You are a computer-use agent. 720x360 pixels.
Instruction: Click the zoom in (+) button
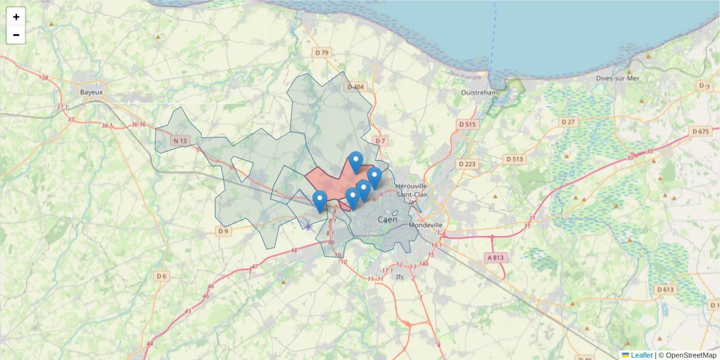(16, 17)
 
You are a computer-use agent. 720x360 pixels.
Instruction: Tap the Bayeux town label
(92, 92)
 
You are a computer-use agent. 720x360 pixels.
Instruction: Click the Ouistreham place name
(479, 93)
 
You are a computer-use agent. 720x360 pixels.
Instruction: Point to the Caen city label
(388, 220)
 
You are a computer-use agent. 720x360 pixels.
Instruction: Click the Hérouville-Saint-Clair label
(412, 190)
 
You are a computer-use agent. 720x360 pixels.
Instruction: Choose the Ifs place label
(400, 277)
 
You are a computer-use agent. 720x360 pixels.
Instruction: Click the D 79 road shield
(322, 53)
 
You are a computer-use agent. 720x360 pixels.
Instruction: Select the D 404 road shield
(355, 87)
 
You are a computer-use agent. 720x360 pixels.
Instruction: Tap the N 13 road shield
(179, 141)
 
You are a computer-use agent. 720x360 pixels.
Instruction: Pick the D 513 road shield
(514, 159)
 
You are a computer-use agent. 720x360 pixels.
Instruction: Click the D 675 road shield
(700, 131)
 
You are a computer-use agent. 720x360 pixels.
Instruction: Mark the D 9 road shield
(223, 231)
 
